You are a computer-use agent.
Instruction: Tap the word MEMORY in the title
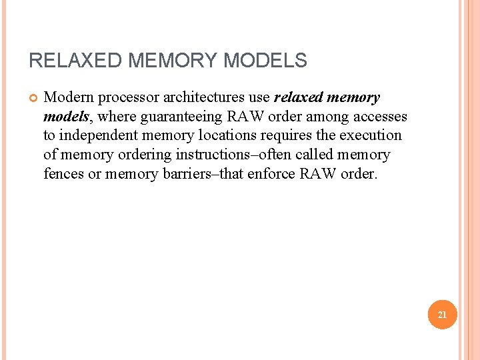(173, 61)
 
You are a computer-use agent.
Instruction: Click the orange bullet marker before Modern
(33, 98)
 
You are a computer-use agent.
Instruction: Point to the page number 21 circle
(442, 314)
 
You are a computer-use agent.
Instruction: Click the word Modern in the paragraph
(65, 98)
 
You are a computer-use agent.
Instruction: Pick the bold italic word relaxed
(297, 98)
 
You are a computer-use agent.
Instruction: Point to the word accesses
(379, 117)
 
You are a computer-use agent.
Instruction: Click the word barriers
(184, 173)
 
